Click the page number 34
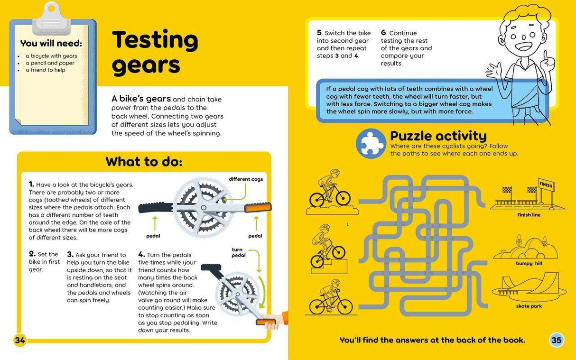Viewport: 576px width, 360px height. [20, 340]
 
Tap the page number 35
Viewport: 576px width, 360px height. [556, 340]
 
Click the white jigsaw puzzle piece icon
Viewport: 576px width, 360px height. [371, 144]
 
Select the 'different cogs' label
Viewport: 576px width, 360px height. [246, 179]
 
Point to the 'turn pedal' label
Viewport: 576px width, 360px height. [238, 252]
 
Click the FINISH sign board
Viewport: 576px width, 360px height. [547, 185]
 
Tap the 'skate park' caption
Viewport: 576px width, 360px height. [529, 306]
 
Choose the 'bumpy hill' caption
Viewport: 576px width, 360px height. [529, 263]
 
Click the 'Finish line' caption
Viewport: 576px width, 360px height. [529, 215]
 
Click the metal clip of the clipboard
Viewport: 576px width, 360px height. [52, 19]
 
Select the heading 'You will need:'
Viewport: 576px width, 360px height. [51, 43]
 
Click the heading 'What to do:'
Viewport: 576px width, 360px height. [144, 161]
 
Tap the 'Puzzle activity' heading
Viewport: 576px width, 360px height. [438, 136]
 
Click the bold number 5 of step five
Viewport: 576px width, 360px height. [319, 32]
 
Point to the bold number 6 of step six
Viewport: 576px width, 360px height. [383, 32]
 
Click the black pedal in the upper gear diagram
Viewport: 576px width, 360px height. [156, 208]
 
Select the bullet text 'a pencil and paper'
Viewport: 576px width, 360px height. [50, 63]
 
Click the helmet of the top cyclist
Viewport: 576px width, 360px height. [335, 172]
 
